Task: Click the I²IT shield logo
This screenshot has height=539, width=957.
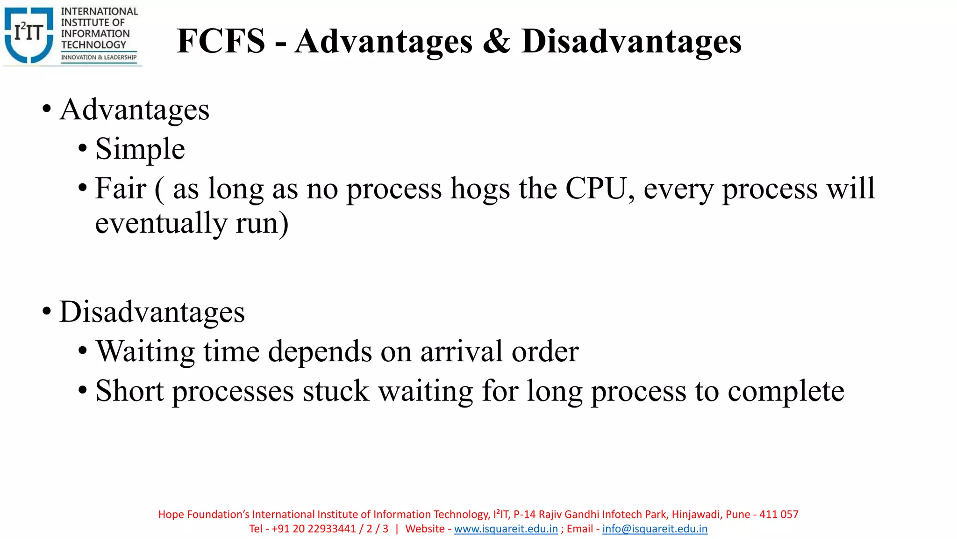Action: [29, 35]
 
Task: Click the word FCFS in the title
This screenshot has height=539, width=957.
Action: [221, 41]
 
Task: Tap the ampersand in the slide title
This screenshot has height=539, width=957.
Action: [496, 41]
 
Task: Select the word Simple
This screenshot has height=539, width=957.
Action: [140, 149]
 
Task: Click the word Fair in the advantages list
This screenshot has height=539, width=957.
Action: [121, 189]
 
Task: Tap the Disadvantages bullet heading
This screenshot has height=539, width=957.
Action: [152, 312]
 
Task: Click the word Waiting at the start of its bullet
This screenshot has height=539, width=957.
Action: [145, 351]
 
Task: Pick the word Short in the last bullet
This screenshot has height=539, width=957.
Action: [129, 391]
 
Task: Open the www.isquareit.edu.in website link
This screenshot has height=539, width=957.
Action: [506, 529]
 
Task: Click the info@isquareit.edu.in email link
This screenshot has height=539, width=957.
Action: [655, 529]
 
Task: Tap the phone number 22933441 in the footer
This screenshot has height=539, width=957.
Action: [332, 529]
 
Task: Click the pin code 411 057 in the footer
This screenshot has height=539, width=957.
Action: [779, 514]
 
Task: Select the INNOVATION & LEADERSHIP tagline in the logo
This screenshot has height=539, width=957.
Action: [99, 58]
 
